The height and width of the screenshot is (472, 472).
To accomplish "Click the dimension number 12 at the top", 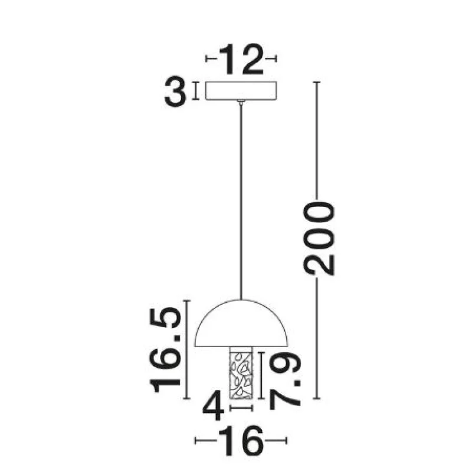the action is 241,60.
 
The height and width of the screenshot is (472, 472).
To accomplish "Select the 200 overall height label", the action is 319,239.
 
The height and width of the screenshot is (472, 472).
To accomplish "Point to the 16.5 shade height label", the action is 166,350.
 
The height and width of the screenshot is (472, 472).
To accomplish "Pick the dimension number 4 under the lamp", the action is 214,406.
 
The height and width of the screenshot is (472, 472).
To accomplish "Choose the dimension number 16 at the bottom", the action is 241,441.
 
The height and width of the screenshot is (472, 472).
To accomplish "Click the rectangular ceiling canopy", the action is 241,91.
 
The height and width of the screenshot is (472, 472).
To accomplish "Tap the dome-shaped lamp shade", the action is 241,323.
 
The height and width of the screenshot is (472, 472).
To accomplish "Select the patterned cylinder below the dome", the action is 241,373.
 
